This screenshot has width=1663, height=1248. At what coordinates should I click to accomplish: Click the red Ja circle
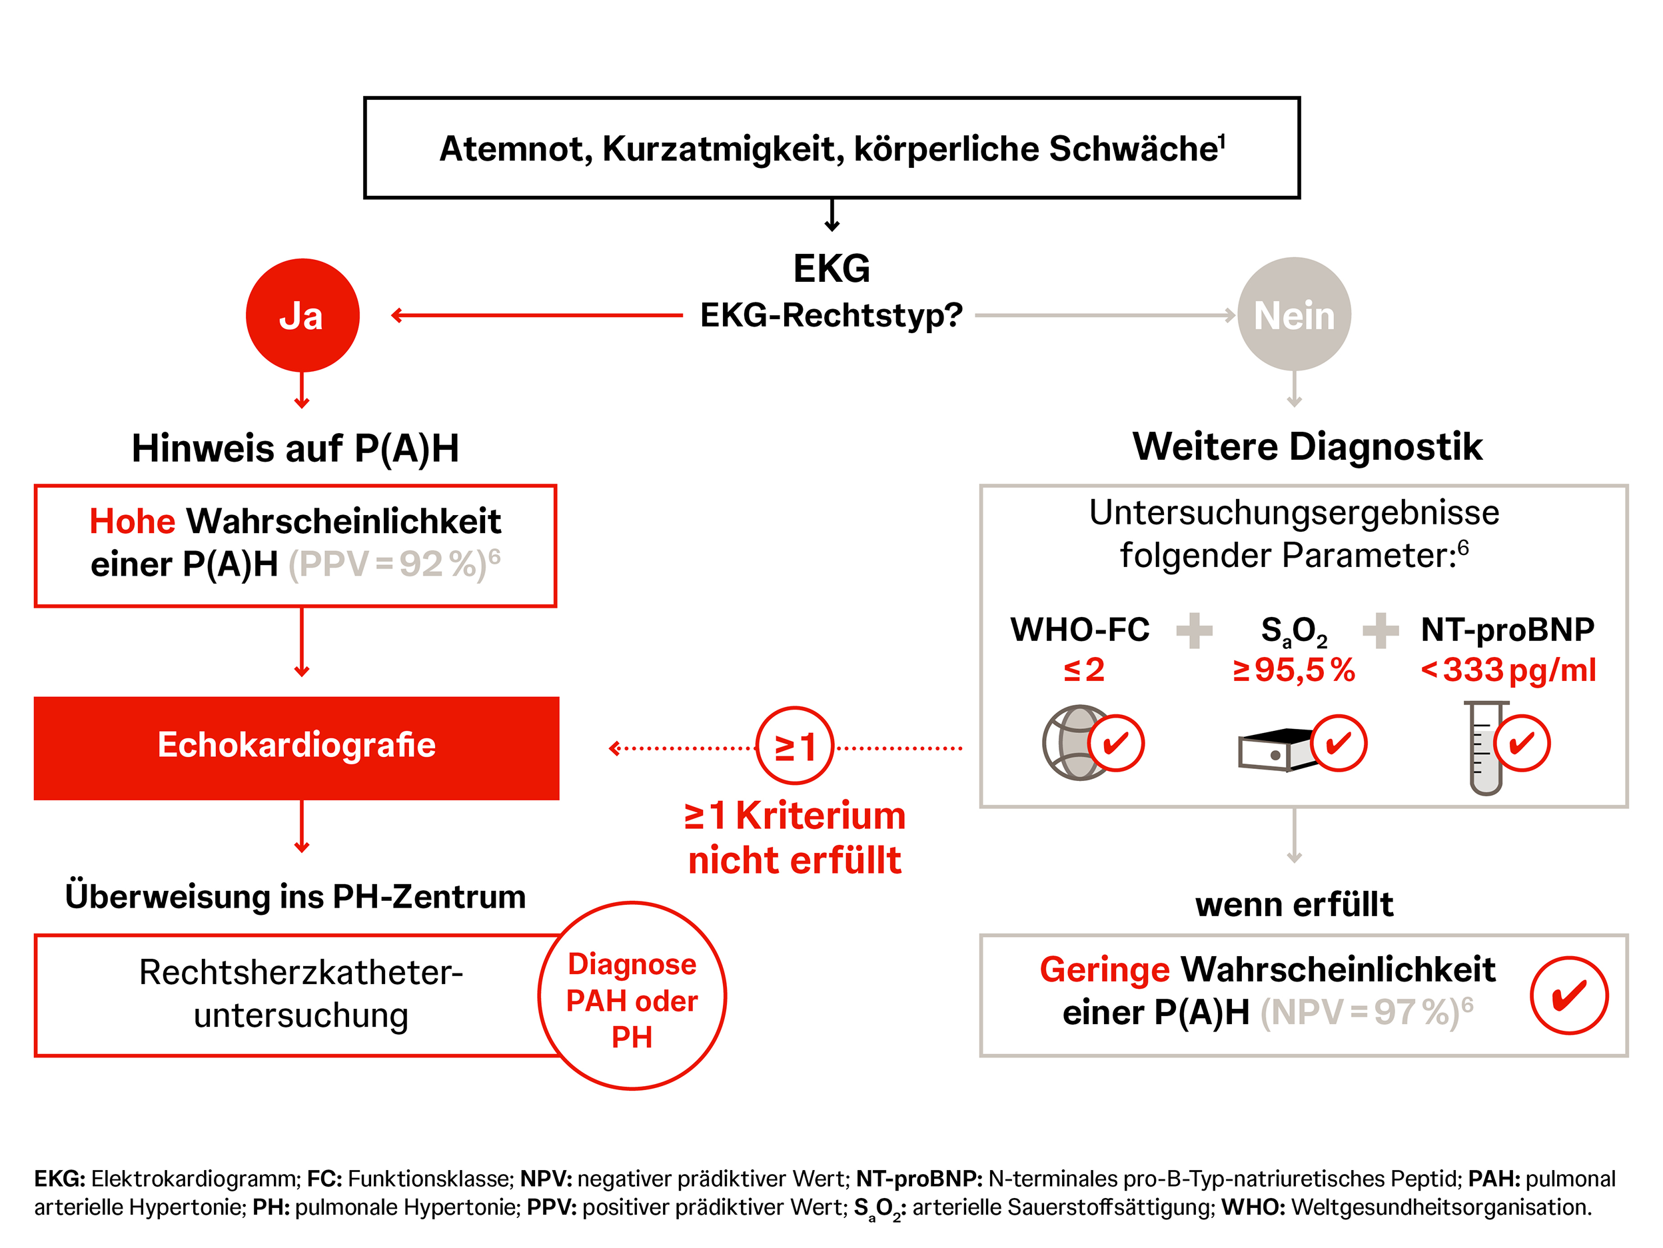(302, 315)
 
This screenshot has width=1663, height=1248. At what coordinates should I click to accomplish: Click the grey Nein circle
(1294, 314)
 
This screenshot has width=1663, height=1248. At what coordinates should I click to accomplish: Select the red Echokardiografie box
(296, 748)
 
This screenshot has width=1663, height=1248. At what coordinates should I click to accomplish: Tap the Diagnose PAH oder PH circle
(632, 995)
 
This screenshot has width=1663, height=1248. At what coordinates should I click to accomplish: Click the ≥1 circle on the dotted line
(795, 746)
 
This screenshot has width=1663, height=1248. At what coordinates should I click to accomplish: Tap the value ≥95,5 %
(1293, 670)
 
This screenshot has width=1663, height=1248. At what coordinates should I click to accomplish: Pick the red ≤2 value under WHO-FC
(1083, 670)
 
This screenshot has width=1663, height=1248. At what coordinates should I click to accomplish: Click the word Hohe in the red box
(133, 521)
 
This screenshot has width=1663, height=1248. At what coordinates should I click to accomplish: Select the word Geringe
(1105, 969)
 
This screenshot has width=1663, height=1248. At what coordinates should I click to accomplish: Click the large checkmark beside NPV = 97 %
(1569, 995)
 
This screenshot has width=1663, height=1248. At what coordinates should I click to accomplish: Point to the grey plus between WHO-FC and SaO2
(1194, 630)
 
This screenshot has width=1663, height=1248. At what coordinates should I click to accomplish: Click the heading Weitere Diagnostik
(1307, 446)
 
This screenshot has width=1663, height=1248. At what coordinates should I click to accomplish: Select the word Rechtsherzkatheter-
(300, 972)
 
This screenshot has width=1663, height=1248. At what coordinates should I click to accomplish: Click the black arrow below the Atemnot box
(831, 215)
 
